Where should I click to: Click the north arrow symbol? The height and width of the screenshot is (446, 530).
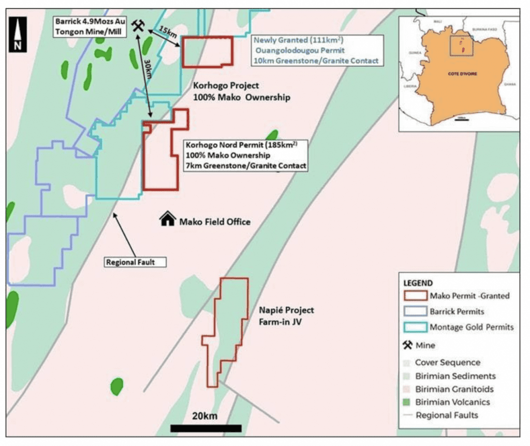pos(18,35)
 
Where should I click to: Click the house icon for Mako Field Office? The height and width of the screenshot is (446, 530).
pos(167,220)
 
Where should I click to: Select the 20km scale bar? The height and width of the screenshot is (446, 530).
pos(205,428)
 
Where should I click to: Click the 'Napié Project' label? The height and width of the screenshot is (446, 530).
pos(286,310)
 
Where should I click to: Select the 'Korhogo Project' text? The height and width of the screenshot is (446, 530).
pos(225,86)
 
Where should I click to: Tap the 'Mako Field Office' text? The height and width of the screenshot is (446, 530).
pos(214,222)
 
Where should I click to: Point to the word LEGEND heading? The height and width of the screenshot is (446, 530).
pos(418,283)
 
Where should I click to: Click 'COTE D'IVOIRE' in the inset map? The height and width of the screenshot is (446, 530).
pos(463,74)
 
